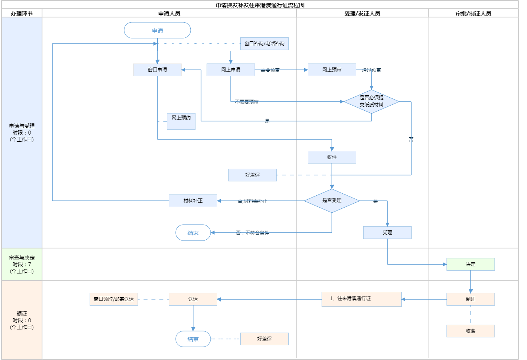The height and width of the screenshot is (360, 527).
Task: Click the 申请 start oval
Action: click(157, 31)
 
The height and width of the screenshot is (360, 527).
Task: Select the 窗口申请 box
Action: click(157, 70)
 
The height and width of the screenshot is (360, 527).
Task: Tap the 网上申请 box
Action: click(231, 70)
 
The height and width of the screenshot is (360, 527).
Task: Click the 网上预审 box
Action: click(332, 70)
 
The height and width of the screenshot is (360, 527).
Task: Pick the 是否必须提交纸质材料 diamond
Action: click(372, 102)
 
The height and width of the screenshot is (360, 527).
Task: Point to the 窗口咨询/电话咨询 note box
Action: click(264, 44)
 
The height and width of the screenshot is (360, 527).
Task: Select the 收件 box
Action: click(332, 157)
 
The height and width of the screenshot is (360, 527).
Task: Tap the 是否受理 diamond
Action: click(332, 201)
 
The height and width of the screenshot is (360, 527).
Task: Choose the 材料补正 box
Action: click(193, 201)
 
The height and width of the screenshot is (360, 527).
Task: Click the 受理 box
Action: click(387, 233)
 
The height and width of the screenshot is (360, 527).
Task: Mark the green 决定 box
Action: click(471, 264)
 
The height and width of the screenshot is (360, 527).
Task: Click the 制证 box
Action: click(471, 299)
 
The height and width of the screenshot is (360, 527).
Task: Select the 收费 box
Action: click(471, 331)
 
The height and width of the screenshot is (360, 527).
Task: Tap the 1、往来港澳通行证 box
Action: click(362, 299)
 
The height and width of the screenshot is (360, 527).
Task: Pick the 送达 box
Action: click(193, 299)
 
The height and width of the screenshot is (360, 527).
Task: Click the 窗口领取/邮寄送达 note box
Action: click(114, 299)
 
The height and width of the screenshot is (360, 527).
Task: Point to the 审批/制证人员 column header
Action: click(473, 13)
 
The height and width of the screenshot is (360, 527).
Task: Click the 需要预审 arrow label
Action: click(270, 70)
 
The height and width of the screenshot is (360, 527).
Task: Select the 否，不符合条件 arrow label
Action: click(253, 233)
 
